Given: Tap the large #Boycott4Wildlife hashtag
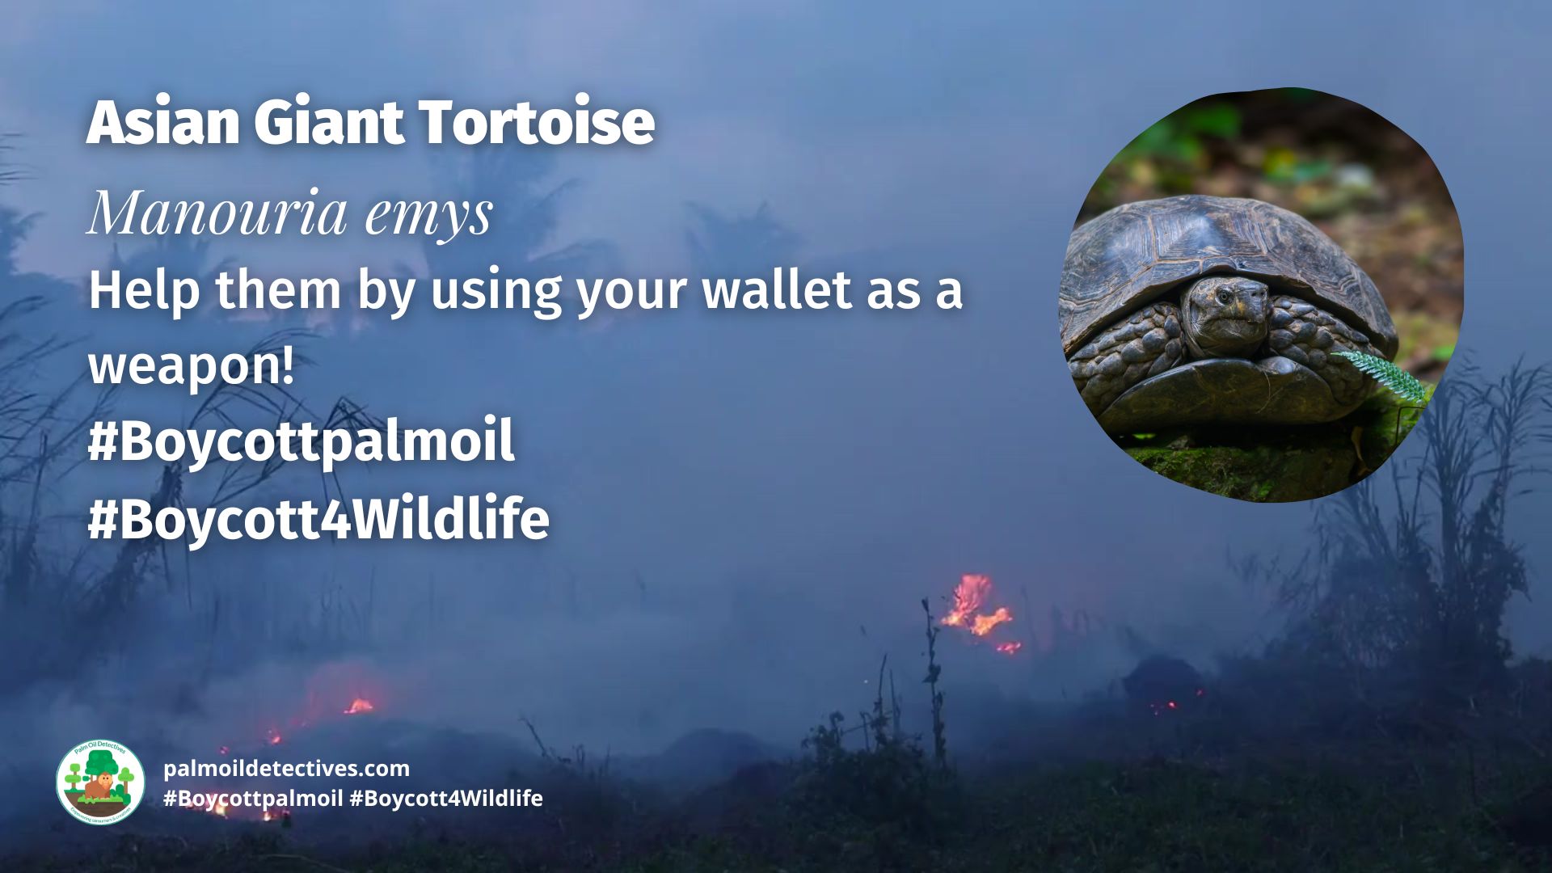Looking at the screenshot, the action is point(318,519).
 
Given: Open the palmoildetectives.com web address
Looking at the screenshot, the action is point(286,768).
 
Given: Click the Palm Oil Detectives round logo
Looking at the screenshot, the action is point(100,782).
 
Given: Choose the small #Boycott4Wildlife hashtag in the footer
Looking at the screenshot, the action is point(446,799).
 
